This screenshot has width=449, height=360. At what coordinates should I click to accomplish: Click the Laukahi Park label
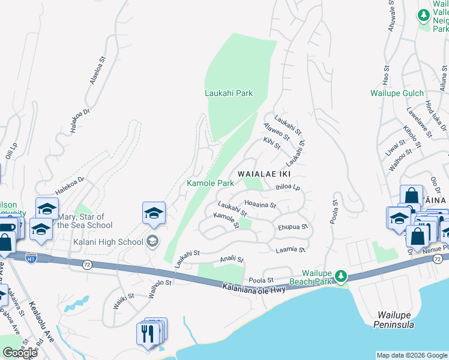[x=228, y=93]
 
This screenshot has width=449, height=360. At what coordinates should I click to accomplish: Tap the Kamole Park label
[x=209, y=183]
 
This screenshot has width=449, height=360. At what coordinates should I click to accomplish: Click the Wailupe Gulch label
[x=397, y=93]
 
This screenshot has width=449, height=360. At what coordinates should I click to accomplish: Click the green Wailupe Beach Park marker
[x=341, y=276]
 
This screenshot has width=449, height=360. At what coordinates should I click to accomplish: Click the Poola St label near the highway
[x=261, y=280]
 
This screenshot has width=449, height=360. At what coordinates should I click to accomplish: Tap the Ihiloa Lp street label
[x=287, y=187]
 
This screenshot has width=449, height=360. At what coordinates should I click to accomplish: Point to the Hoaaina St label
[x=260, y=205]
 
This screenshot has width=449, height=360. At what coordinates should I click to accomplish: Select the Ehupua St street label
[x=292, y=227]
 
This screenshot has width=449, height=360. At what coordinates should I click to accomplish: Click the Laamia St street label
[x=291, y=250]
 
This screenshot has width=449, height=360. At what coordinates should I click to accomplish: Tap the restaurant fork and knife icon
[x=148, y=333]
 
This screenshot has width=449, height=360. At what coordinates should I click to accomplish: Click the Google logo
[x=20, y=352]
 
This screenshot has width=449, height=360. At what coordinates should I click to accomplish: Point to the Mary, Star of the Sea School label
[x=84, y=221]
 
